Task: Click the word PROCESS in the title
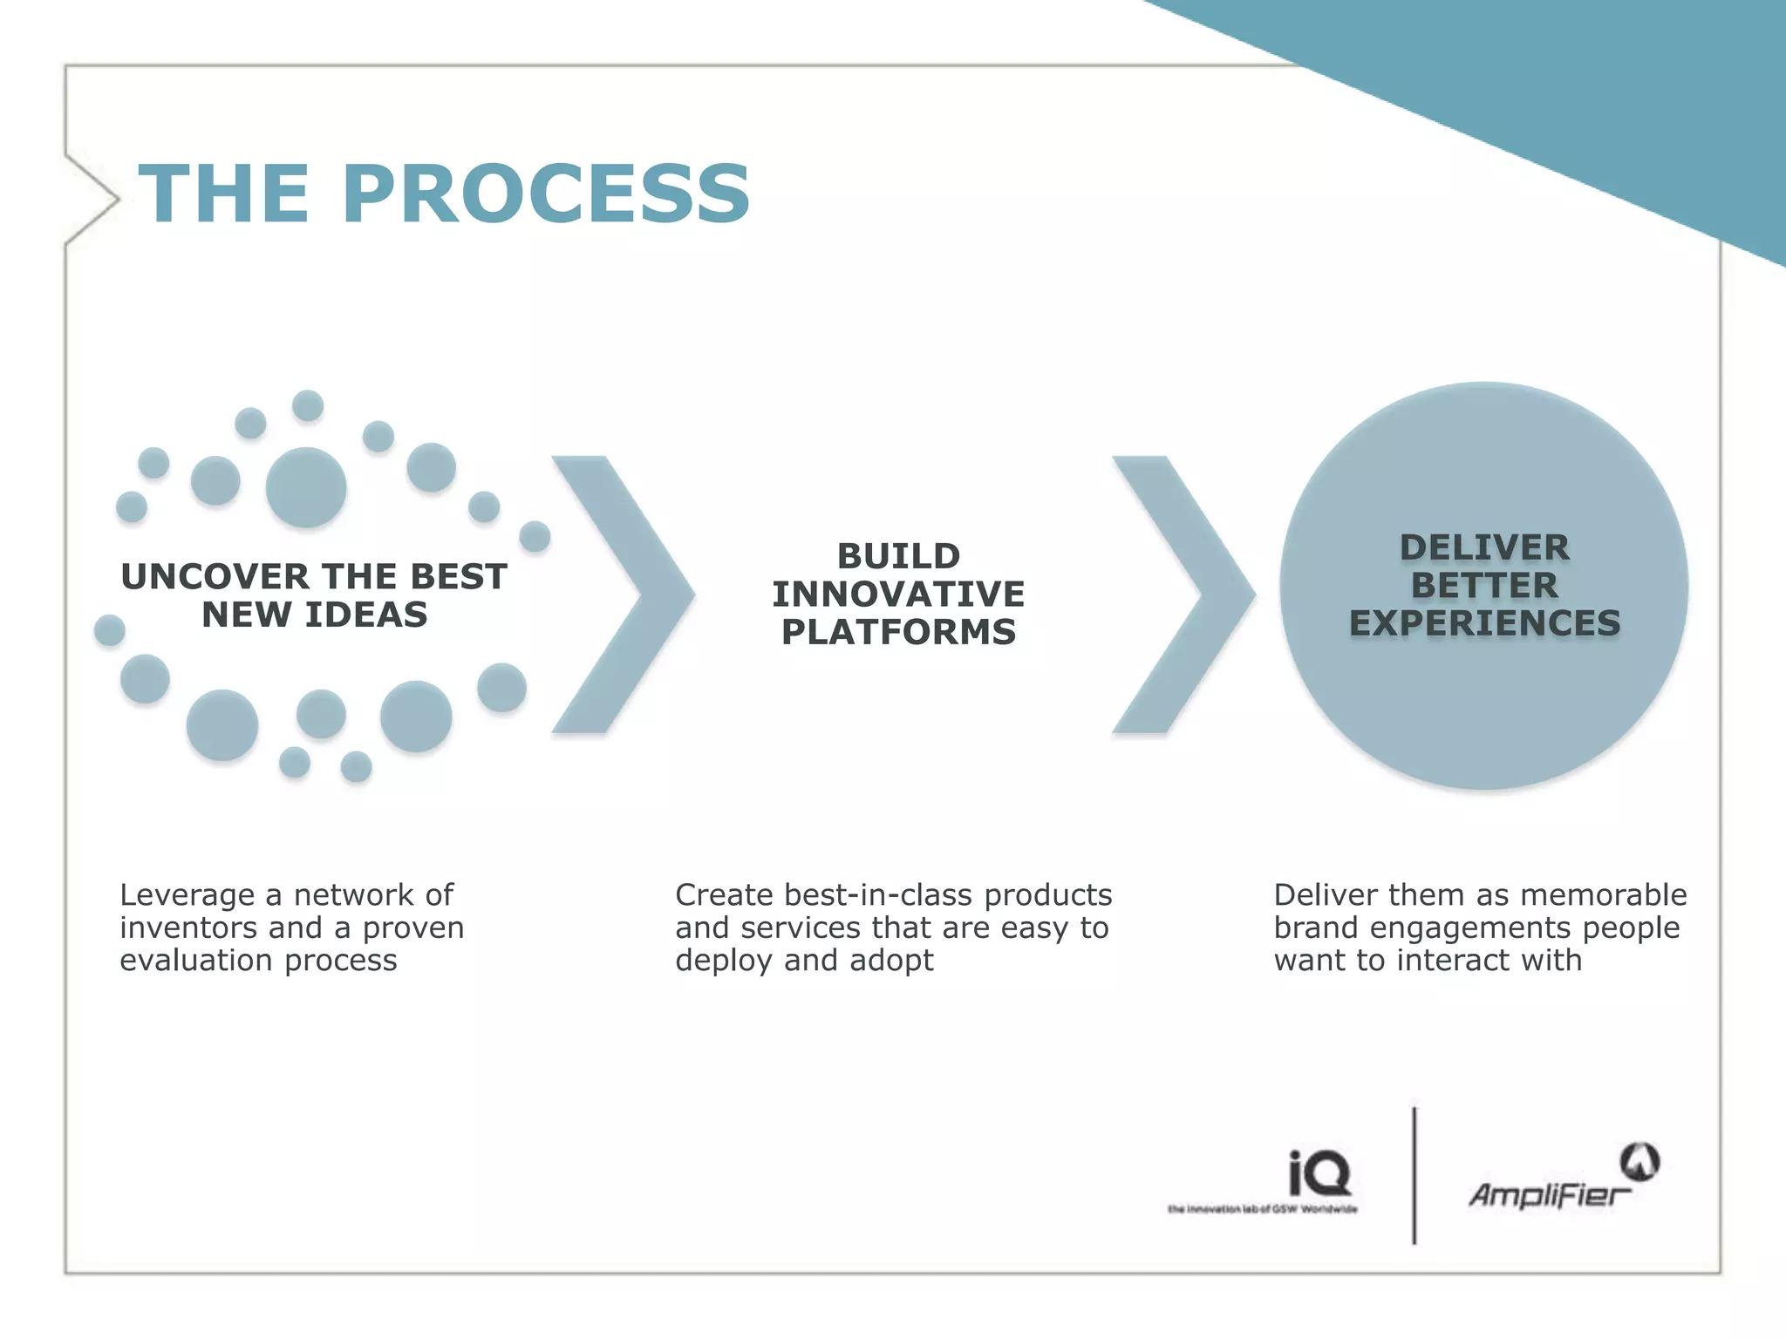(x=545, y=194)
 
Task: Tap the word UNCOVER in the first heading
(x=215, y=577)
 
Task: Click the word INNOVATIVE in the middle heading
(x=898, y=595)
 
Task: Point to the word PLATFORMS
(x=898, y=632)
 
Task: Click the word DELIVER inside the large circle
(x=1484, y=548)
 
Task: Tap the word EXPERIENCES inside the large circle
(x=1484, y=623)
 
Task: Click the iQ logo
(x=1319, y=1173)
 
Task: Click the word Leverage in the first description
(x=187, y=895)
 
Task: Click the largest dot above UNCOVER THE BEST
(x=306, y=487)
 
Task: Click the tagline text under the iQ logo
(x=1262, y=1209)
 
